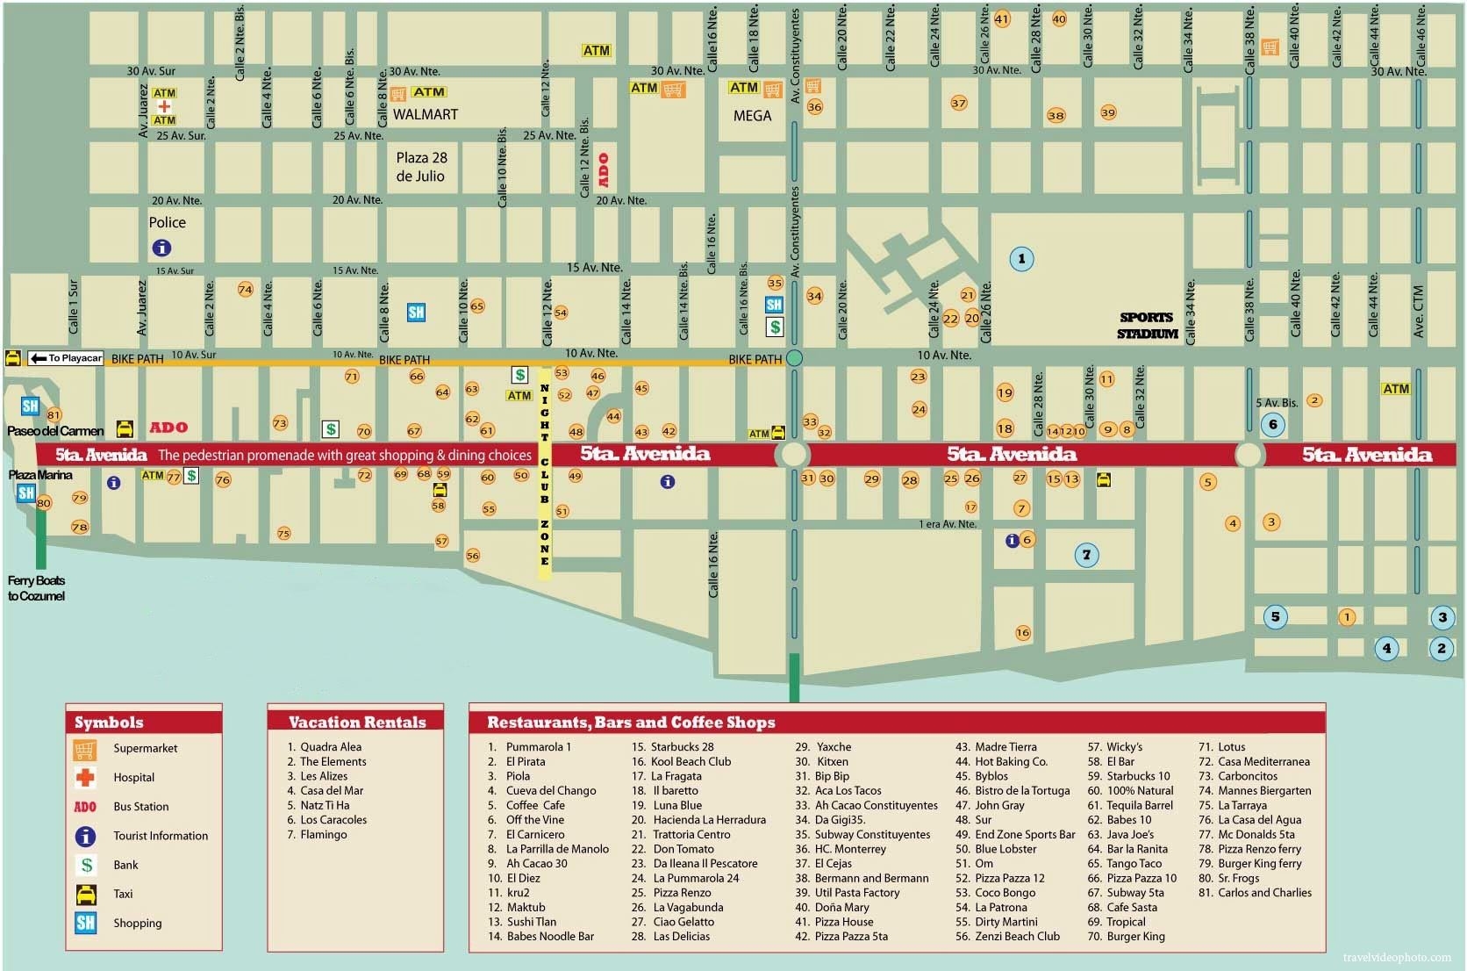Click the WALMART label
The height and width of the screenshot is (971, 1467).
click(425, 114)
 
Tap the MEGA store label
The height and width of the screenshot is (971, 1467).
click(752, 115)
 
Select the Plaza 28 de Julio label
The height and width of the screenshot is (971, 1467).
click(421, 167)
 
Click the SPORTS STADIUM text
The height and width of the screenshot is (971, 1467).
click(1146, 326)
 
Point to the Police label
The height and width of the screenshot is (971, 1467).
click(167, 222)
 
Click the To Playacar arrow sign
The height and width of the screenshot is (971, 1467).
click(66, 357)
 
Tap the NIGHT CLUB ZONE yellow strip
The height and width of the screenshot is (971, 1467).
click(544, 474)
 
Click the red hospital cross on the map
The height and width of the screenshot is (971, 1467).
click(164, 106)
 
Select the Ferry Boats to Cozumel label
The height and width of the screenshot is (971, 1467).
click(36, 588)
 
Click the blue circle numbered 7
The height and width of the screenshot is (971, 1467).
click(1086, 554)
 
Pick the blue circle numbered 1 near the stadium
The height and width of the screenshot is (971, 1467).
click(1020, 258)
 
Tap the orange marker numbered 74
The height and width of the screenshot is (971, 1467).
click(245, 289)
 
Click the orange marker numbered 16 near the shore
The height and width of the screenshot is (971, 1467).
click(1022, 632)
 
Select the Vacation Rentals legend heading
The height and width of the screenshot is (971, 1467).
click(356, 722)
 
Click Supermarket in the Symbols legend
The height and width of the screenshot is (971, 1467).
click(145, 748)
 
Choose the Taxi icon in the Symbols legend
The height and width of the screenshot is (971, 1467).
click(86, 894)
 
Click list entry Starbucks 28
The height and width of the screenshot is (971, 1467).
click(682, 747)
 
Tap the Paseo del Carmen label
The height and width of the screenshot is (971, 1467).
click(55, 431)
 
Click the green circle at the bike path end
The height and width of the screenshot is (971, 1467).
click(794, 357)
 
